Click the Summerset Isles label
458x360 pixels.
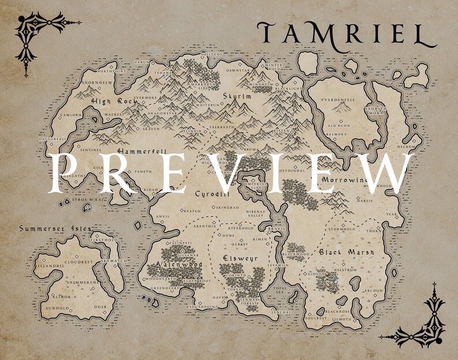tap(55, 228)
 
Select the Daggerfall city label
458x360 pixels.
tap(52, 139)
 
